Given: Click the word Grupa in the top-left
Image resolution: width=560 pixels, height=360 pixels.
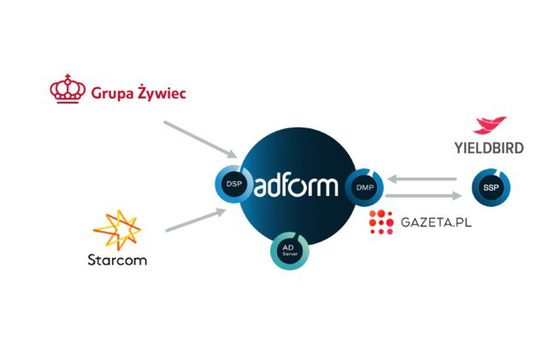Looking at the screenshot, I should click(x=117, y=94).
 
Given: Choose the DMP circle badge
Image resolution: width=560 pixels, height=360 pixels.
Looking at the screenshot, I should click(x=362, y=186).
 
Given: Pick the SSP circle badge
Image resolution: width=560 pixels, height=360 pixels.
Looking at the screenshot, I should click(x=489, y=187).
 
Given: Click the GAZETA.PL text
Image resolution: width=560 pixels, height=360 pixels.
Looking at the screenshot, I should click(x=435, y=223).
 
